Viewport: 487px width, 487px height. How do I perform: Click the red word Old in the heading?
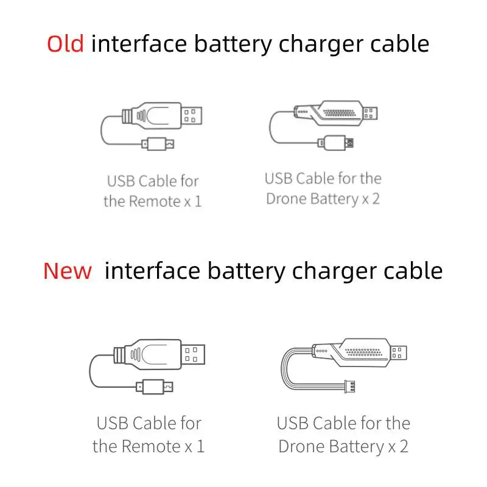[65, 44]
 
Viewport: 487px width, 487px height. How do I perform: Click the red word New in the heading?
[68, 271]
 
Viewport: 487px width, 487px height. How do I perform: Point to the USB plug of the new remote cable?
[194, 353]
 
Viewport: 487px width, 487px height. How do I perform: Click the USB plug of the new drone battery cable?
[399, 352]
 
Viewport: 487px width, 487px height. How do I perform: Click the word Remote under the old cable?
[154, 201]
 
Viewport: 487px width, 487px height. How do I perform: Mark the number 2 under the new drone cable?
[404, 446]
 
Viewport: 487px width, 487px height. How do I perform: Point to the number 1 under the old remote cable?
[197, 201]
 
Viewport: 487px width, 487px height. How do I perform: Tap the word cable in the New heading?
[413, 271]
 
